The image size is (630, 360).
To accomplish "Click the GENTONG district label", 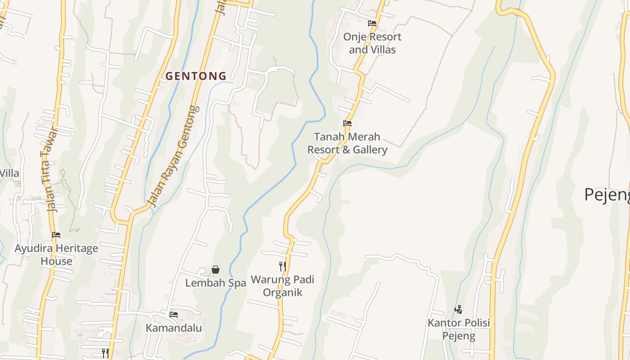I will click(x=196, y=76).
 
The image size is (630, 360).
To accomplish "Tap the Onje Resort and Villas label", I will click(x=372, y=43).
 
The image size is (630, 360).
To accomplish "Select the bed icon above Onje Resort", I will click(x=372, y=23).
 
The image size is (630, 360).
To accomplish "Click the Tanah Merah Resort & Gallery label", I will click(x=347, y=143).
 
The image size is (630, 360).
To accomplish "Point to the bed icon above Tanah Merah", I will click(x=347, y=123).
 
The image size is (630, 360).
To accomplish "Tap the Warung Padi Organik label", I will click(x=282, y=286).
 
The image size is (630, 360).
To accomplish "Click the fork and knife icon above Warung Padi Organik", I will click(x=282, y=266).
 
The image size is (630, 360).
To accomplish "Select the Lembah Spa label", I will click(x=216, y=283).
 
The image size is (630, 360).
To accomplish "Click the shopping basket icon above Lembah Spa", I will click(x=216, y=270).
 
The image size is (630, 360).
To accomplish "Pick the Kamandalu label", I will click(x=174, y=328).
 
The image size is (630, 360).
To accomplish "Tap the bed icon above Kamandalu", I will click(x=174, y=314).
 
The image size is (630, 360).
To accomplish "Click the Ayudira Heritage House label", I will click(x=56, y=255).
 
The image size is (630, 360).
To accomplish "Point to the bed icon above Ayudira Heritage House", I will click(x=56, y=235).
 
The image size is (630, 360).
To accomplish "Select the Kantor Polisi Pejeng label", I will click(x=459, y=329).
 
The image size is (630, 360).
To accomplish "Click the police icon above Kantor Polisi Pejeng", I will click(x=458, y=310).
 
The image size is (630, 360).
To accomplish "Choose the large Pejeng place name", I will click(x=607, y=195).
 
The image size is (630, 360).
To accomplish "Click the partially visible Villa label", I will click(x=9, y=173).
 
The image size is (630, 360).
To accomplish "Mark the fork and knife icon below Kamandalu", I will click(x=105, y=353).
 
